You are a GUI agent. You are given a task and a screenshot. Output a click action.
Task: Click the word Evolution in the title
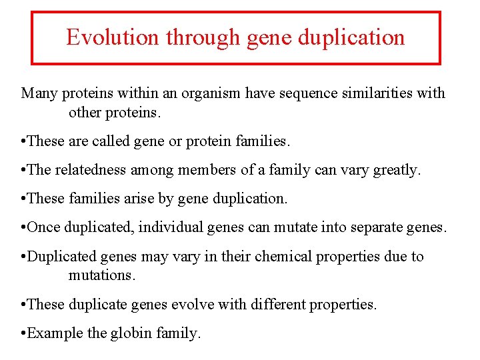[113, 37]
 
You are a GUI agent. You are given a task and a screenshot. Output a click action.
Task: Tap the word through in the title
[203, 37]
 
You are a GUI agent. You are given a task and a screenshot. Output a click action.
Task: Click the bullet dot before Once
[24, 228]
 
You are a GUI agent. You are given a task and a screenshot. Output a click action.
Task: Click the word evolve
[191, 304]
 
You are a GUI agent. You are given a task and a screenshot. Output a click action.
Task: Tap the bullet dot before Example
[24, 333]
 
